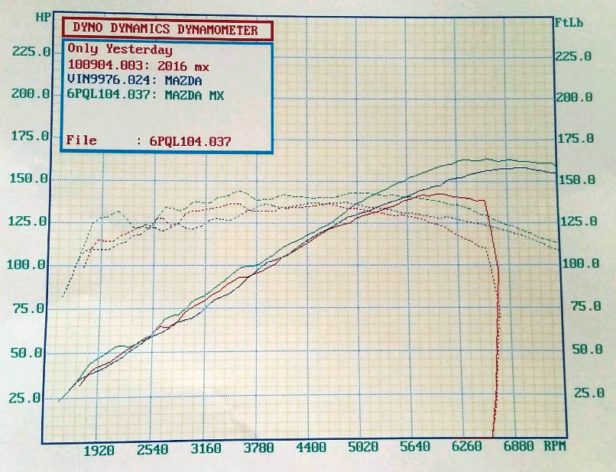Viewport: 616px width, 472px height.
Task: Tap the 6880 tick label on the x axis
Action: pos(520,445)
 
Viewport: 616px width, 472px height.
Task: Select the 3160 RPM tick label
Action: pos(205,449)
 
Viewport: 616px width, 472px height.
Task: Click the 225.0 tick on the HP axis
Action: pos(31,52)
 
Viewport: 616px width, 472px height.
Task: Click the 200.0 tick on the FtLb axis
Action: pos(574,98)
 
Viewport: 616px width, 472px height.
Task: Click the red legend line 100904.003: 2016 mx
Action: pos(138,65)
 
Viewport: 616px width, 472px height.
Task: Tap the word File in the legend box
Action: pos(81,141)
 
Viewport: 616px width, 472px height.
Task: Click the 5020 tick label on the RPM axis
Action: pos(363,447)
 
